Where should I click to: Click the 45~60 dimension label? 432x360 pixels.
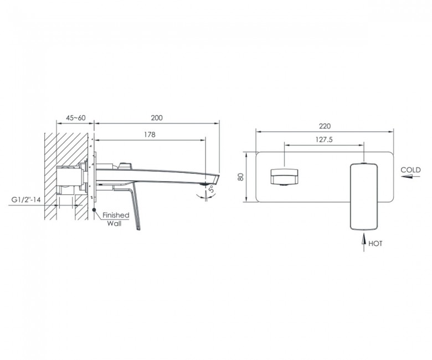(76, 118)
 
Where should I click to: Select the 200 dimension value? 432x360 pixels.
(157, 118)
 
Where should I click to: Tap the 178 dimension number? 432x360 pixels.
(150, 135)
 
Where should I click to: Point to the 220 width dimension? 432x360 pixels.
(325, 126)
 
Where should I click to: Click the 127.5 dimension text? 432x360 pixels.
(324, 140)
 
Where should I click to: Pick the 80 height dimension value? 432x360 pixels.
(241, 177)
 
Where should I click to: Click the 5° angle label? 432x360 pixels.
(212, 189)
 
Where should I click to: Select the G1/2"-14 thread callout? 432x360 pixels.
(26, 199)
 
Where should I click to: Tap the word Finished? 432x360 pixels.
(116, 215)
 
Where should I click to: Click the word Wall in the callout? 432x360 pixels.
(114, 223)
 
